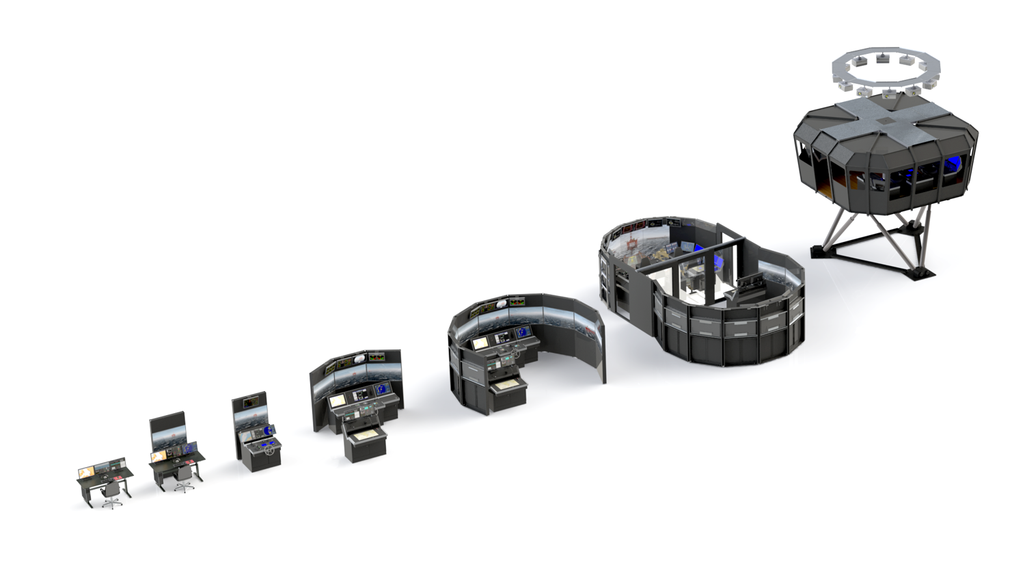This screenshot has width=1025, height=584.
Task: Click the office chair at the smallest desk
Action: click(x=111, y=494)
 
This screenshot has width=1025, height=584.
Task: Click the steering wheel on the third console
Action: click(x=270, y=451)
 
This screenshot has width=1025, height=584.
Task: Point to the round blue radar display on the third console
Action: click(x=264, y=432)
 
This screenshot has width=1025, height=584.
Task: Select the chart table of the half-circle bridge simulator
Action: click(x=507, y=386)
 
